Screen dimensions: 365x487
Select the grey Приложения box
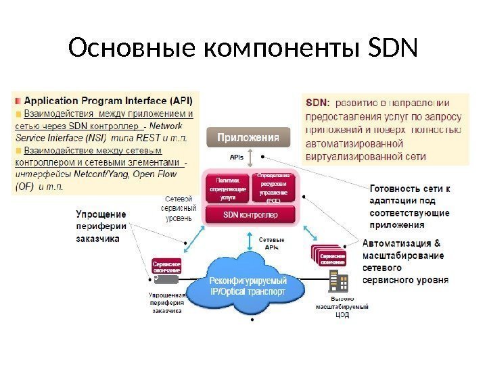pyautogui.click(x=248, y=138)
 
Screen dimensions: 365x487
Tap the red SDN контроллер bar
pyautogui.click(x=251, y=216)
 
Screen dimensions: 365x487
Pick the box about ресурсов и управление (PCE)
pyautogui.click(x=273, y=188)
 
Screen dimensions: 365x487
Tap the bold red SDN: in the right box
pyautogui.click(x=318, y=103)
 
